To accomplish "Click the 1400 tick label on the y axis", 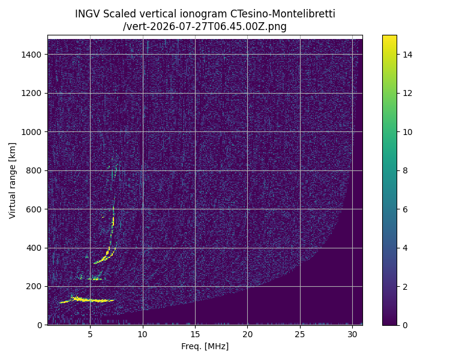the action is pyautogui.click(x=31, y=55).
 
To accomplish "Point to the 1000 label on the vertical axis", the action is pyautogui.click(x=31, y=132).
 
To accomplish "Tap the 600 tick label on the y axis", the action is pyautogui.click(x=34, y=209).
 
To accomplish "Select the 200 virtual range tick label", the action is pyautogui.click(x=34, y=287).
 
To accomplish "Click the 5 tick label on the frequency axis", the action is pyautogui.click(x=90, y=334).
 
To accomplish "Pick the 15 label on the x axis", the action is pyautogui.click(x=195, y=334).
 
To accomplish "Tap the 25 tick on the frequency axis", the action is pyautogui.click(x=300, y=334).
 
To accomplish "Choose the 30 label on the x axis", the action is pyautogui.click(x=352, y=334).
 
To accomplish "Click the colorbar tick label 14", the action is pyautogui.click(x=407, y=55).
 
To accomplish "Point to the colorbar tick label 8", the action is pyautogui.click(x=405, y=170).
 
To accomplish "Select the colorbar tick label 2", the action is pyautogui.click(x=405, y=287).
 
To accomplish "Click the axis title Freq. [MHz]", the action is pyautogui.click(x=205, y=347).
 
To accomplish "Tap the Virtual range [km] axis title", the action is pyautogui.click(x=12, y=181).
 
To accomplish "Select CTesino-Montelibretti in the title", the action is pyautogui.click(x=283, y=14).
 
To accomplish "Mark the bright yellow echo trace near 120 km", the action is pyautogui.click(x=86, y=300).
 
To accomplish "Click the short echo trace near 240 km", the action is pyautogui.click(x=91, y=278).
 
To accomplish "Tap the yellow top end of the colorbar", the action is pyautogui.click(x=389, y=35).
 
